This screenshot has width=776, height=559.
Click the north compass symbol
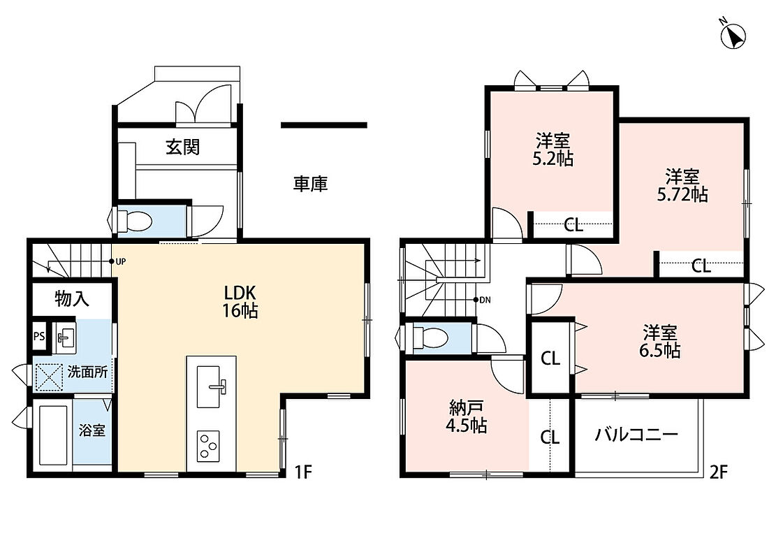pos(733,35)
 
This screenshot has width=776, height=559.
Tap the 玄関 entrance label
pos(182,147)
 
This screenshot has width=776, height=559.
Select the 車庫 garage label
pos(310,184)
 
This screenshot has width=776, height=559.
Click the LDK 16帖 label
pos(240,302)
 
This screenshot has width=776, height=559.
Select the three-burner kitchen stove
pos(208,446)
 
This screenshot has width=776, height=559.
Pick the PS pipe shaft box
pos(39,336)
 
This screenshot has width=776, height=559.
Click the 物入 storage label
pos(72,298)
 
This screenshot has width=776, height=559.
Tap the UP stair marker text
pos(120,261)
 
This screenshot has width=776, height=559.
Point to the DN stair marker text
pos(485,300)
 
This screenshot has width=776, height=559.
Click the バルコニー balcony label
pos(636,435)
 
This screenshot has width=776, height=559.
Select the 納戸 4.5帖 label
pos(466,417)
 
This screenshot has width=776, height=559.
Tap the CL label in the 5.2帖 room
pos(573,226)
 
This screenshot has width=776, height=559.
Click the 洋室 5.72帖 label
pos(682,186)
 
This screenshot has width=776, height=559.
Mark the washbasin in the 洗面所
pos(64,337)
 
